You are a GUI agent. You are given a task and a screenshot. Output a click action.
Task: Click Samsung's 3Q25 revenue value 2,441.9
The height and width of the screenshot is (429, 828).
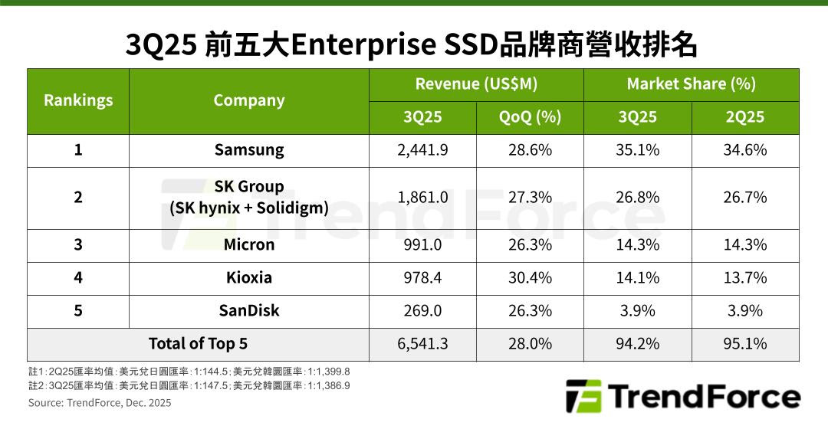422,150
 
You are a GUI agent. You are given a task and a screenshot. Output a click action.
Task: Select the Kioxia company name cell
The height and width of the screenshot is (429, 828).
249,277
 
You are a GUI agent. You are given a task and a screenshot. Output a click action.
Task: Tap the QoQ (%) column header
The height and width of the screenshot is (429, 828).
530,117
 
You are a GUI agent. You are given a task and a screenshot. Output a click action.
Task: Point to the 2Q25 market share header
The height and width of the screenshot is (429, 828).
744,117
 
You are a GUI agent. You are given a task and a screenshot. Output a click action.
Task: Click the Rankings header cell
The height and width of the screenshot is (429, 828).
78,100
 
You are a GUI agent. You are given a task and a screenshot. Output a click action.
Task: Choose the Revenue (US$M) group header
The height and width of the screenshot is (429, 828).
476,84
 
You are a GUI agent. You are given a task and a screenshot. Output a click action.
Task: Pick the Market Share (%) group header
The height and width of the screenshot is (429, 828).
691,84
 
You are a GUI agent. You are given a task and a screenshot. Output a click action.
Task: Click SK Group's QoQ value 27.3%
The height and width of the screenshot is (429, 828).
530,198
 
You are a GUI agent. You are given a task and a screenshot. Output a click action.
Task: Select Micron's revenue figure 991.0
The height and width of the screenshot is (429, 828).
422,245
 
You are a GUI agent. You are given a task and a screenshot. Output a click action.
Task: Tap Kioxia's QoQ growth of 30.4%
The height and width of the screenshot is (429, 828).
530,277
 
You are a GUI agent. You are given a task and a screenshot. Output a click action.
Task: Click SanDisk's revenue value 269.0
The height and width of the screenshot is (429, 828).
422,310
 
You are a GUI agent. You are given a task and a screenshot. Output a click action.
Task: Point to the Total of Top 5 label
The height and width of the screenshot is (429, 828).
198,344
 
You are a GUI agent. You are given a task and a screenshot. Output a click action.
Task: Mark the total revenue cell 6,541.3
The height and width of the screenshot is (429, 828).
422,344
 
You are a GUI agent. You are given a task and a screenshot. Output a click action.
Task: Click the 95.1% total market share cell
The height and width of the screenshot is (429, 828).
744,344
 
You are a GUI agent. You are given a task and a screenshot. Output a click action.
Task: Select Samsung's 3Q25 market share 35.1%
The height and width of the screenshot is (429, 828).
637,150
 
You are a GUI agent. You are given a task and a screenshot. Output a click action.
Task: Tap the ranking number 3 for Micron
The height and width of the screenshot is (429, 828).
78,245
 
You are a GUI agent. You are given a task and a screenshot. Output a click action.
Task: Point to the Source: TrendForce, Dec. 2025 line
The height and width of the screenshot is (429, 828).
100,403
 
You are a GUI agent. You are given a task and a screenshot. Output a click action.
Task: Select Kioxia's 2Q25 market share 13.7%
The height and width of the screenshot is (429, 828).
744,277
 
